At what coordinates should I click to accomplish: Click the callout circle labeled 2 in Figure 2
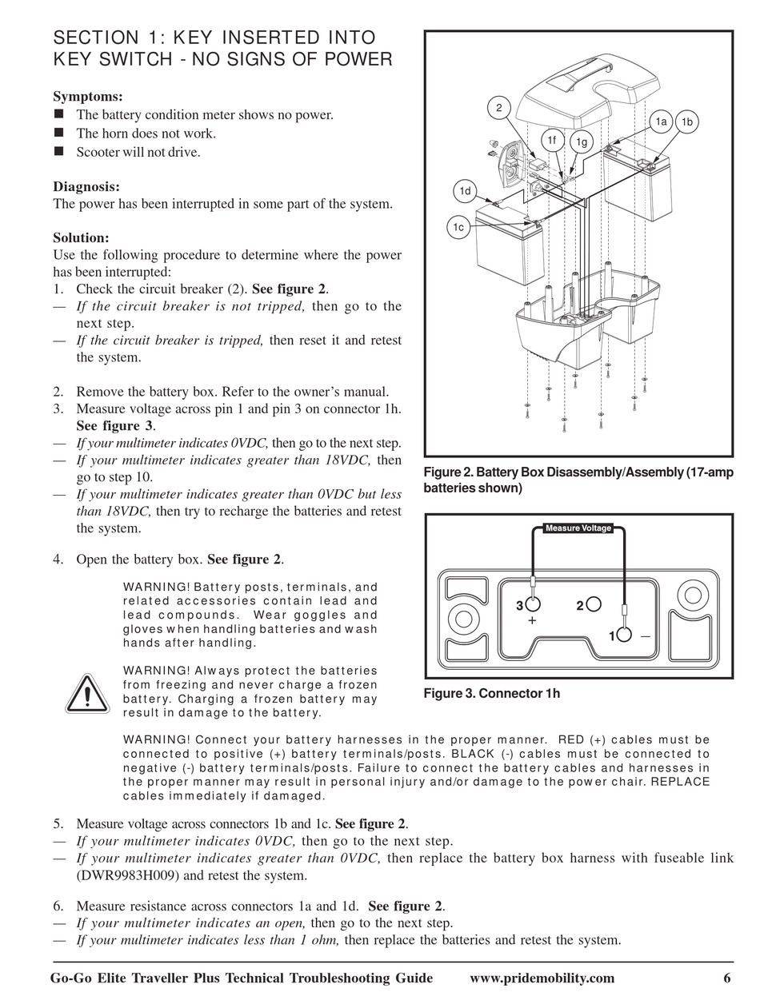coord(498,108)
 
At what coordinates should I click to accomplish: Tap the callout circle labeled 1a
coord(661,122)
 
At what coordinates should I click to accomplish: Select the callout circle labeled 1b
coord(686,122)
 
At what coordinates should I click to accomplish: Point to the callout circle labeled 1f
coord(551,141)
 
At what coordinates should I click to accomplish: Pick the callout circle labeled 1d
coord(465,191)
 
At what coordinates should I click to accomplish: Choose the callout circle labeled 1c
coord(458,228)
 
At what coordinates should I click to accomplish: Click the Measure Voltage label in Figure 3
coord(578,528)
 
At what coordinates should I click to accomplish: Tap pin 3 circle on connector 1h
coord(533,604)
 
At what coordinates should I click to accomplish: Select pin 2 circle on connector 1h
coord(593,604)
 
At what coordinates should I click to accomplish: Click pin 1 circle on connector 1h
coord(624,635)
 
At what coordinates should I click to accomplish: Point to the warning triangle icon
coord(88,694)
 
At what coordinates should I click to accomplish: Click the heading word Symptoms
coord(87,97)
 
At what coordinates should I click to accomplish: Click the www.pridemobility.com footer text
coord(542,978)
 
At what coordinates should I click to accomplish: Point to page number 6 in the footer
coord(727,978)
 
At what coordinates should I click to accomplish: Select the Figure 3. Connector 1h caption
coord(491,694)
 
